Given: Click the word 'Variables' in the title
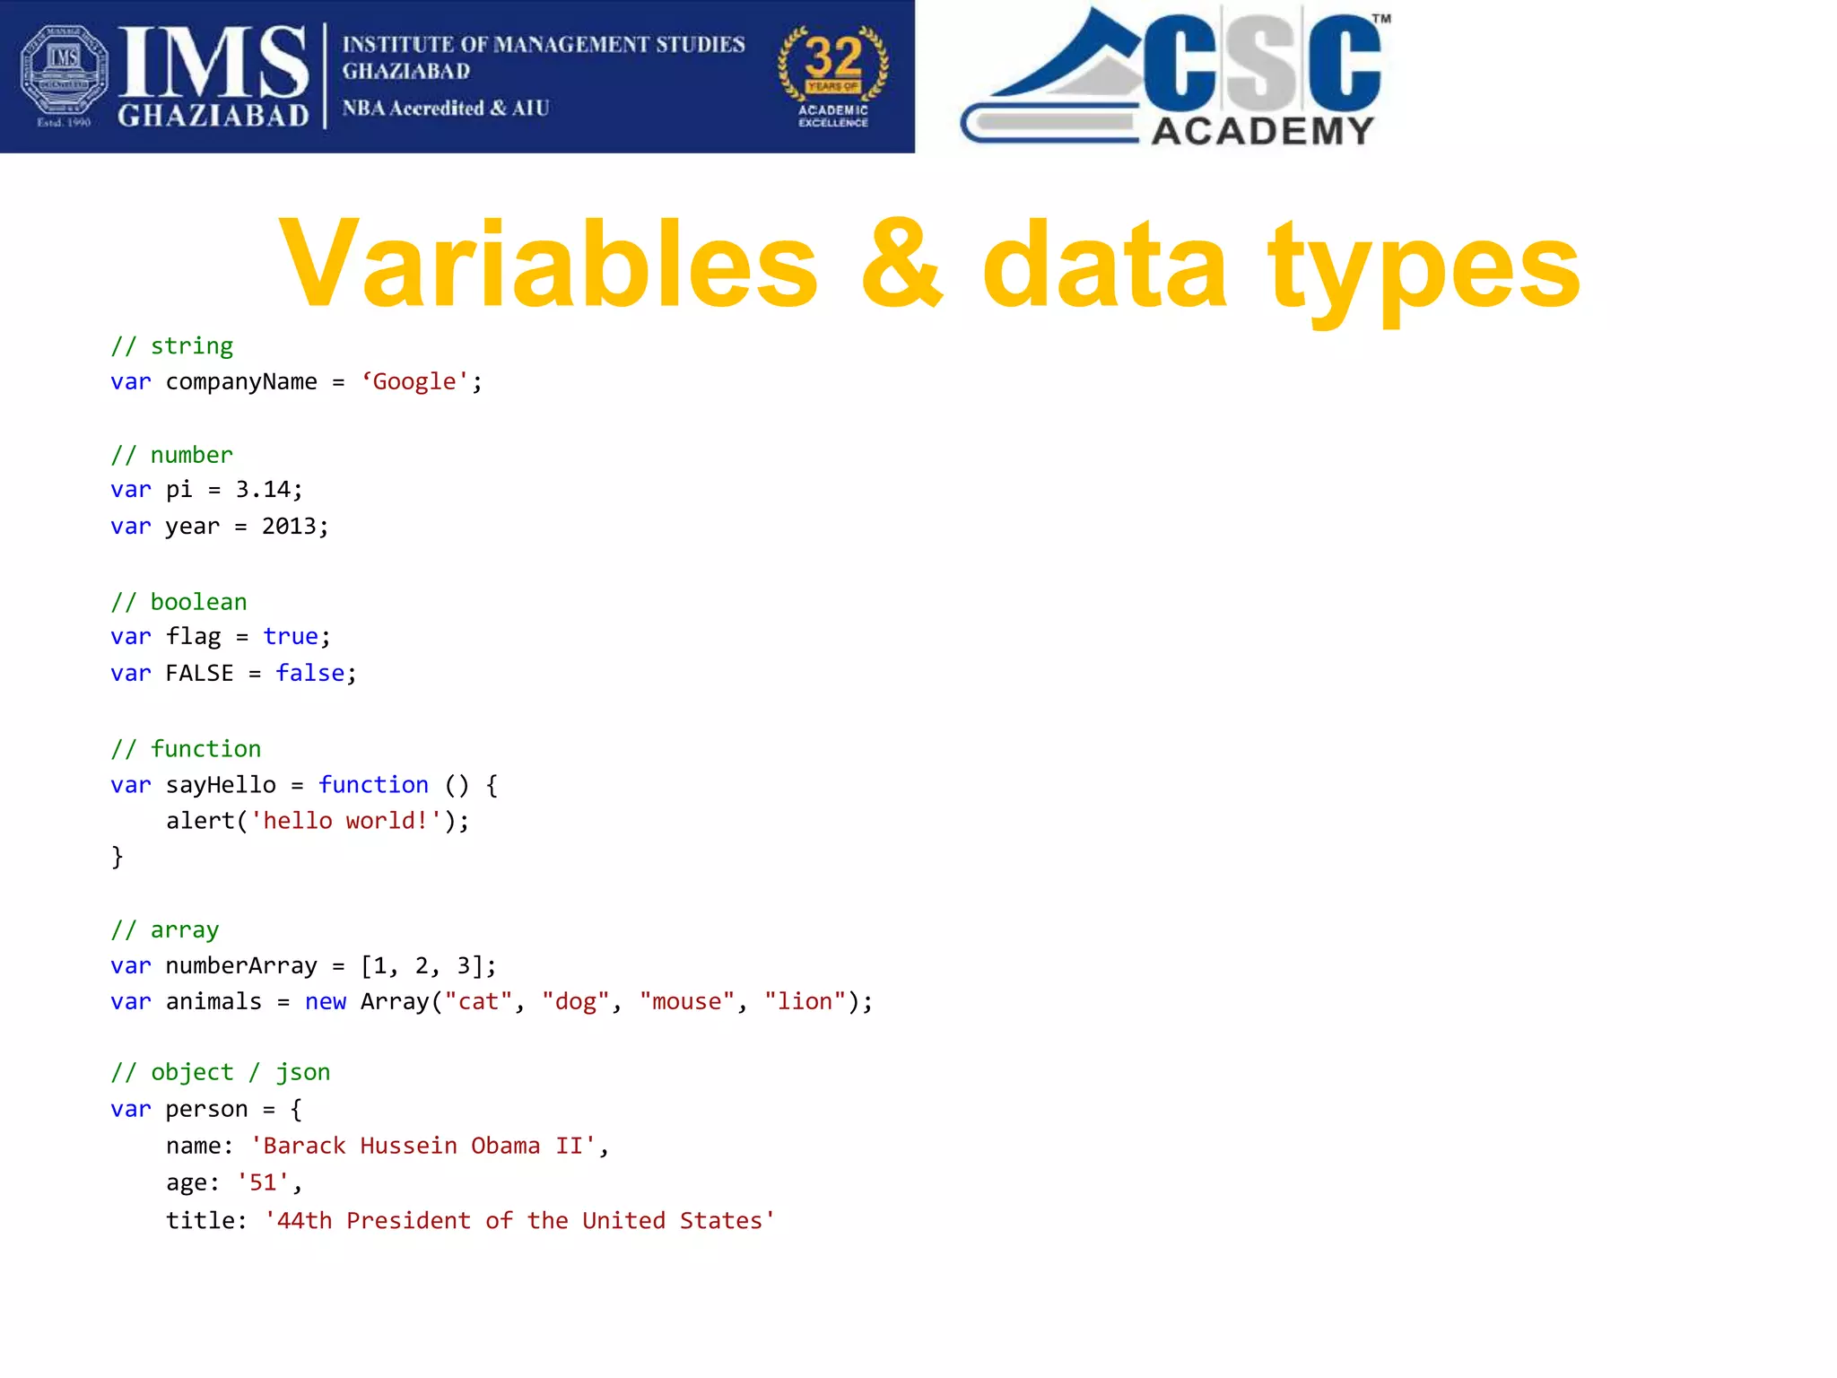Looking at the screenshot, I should coord(548,266).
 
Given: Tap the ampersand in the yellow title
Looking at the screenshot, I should coord(901,266).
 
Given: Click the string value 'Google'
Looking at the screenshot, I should coord(414,382).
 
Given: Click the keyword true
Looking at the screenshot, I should coord(290,637).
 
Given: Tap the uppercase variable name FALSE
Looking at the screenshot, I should coord(199,674).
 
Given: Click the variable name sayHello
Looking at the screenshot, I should coord(221,785).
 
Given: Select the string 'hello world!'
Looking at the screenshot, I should coord(346,821).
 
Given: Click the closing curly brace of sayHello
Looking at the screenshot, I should coord(118,857).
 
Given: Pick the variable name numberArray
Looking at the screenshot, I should coord(241,966).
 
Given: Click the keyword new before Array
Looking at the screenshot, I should coord(325,1002).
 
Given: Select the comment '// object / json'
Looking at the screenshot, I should coord(221,1073).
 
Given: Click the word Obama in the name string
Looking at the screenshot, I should coord(505,1147).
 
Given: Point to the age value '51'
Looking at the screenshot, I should coord(263,1183).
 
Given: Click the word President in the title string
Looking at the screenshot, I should coord(408,1221).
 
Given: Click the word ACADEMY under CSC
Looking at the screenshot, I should coord(1262,131).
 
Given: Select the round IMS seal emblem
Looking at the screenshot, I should coord(64,71).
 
